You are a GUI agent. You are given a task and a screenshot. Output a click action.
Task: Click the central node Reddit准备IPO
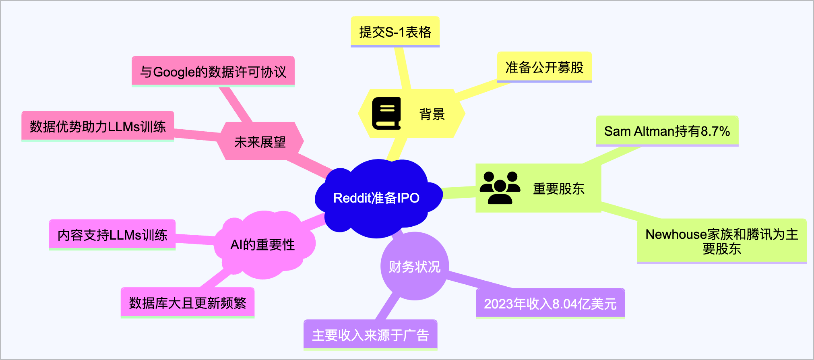377,198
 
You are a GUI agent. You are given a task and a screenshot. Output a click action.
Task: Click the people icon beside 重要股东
500,188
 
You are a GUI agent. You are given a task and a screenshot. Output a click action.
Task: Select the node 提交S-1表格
395,32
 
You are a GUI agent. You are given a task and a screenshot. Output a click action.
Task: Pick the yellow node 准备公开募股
544,67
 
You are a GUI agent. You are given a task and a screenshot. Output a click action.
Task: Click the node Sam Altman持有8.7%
667,131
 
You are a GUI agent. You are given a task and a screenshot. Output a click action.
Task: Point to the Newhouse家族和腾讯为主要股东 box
722,241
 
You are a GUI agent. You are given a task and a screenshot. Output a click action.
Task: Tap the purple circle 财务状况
415,266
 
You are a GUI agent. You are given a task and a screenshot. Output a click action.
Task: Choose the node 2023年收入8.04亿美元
550,304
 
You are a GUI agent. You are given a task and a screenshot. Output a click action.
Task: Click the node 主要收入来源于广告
370,335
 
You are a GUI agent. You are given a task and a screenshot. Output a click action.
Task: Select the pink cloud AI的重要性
264,244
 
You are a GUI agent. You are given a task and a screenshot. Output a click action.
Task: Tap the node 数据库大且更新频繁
188,303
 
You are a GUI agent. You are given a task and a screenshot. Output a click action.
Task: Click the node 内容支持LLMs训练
112,235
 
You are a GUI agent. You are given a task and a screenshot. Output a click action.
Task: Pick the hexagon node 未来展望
260,141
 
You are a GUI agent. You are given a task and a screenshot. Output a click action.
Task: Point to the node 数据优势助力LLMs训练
98,126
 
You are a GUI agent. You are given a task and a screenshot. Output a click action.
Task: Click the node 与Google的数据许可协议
213,72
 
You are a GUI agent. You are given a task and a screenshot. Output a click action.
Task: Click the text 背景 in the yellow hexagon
432,114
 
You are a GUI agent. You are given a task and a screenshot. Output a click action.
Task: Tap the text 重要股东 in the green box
559,188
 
